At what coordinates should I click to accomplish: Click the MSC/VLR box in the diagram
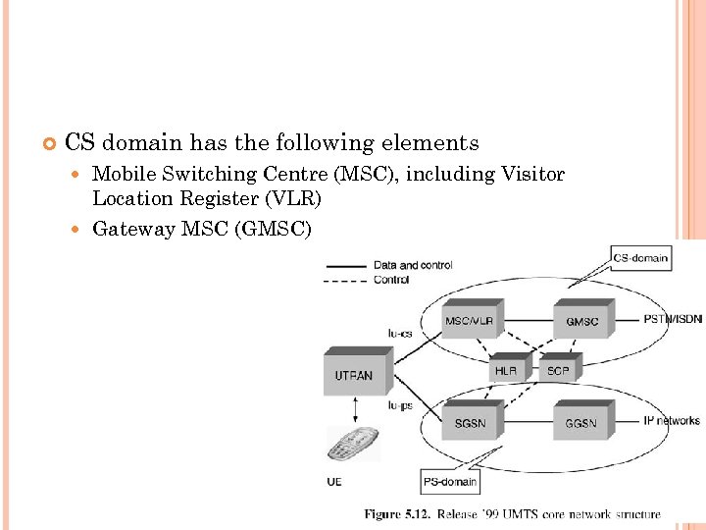[470, 321]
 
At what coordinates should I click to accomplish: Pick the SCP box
[558, 370]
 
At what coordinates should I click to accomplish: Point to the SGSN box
[470, 422]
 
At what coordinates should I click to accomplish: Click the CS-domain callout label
[640, 259]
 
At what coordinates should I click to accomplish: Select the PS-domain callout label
[450, 481]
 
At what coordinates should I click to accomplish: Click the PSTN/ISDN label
[673, 320]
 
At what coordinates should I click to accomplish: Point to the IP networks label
[672, 421]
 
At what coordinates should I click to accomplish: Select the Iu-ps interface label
[399, 404]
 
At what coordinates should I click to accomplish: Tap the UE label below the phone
[334, 481]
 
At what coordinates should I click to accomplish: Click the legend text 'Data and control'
[412, 265]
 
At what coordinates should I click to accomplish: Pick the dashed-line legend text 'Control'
[391, 280]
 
